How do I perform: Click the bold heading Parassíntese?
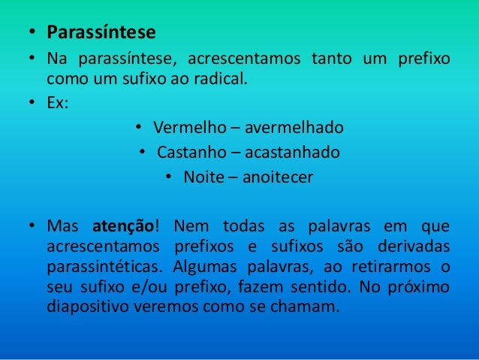point(101,33)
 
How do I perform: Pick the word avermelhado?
point(291,127)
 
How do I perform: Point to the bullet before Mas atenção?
point(32,226)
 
